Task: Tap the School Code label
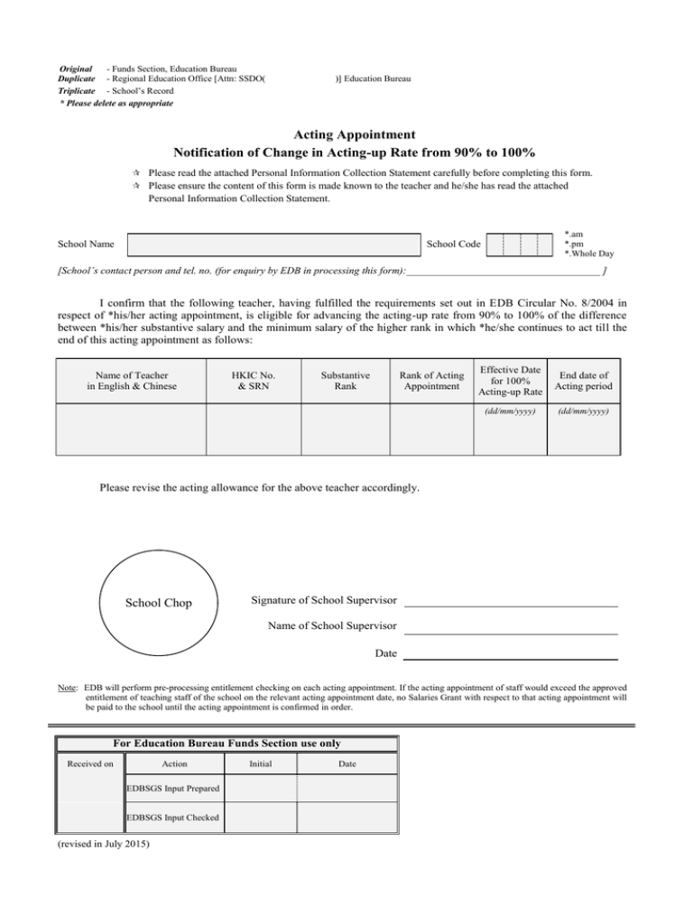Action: click(x=453, y=244)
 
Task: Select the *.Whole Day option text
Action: click(x=588, y=254)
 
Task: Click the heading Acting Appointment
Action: click(x=346, y=134)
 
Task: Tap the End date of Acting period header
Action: click(x=587, y=381)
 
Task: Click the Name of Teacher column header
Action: click(x=132, y=381)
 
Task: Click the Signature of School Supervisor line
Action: click(x=510, y=601)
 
